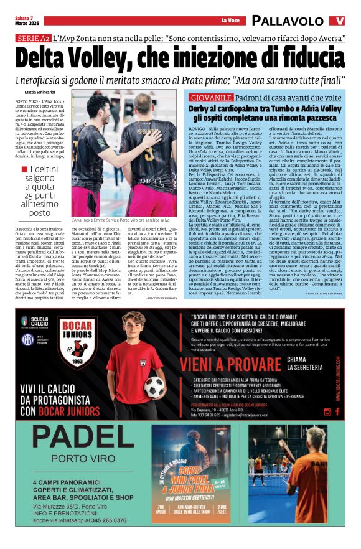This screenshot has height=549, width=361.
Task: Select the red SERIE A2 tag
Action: [32, 39]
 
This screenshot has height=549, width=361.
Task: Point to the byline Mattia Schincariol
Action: [44, 93]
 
